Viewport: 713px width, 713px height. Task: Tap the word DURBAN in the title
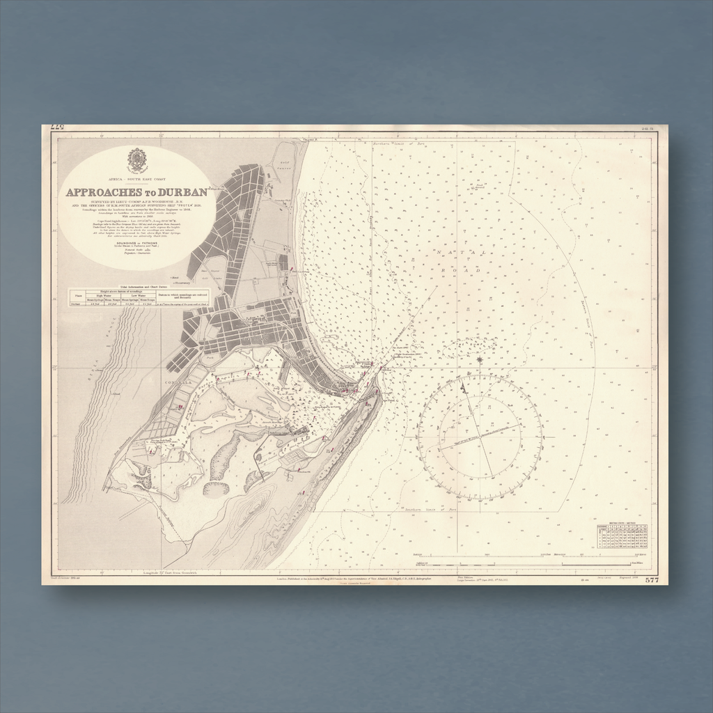click(182, 193)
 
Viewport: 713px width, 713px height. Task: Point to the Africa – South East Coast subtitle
click(136, 179)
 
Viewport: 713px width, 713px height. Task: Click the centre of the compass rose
click(480, 437)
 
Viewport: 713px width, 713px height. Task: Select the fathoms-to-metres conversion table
click(622, 536)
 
